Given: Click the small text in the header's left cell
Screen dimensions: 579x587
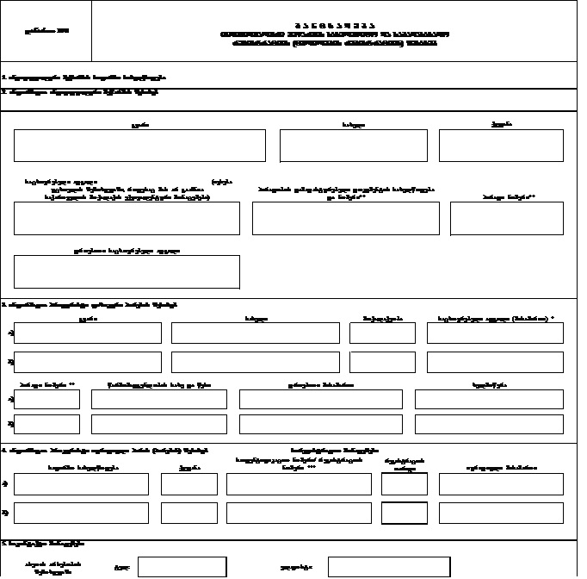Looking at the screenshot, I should (46, 31).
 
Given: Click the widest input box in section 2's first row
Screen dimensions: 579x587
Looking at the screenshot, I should (139, 146).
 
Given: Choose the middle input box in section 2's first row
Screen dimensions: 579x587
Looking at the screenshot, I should (353, 146).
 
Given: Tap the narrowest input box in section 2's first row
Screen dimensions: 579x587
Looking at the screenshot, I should (501, 146).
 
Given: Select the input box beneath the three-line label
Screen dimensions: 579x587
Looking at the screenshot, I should (127, 219).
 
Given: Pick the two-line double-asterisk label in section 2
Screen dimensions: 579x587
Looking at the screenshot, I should (345, 192).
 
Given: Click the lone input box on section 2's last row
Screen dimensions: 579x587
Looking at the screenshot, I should (127, 271).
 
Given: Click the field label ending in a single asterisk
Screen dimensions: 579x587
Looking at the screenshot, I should (496, 318).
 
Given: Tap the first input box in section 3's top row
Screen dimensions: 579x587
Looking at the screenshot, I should (88, 333).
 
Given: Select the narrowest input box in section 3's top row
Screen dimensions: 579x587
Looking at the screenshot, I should (382, 333).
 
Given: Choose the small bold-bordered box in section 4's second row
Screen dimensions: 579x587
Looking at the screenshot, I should (404, 514).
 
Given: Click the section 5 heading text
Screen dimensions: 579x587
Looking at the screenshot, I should (43, 545).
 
